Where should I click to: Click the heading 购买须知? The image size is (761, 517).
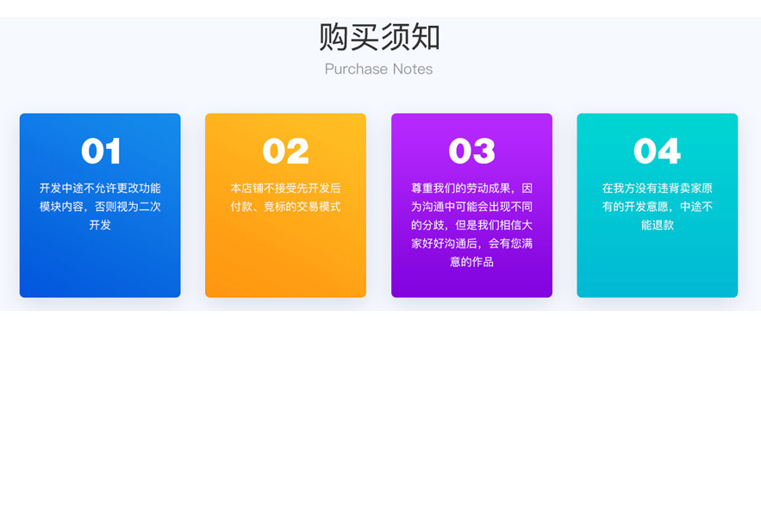tap(379, 37)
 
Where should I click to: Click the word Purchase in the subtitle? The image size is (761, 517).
tap(356, 69)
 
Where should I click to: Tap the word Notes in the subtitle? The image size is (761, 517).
tap(413, 69)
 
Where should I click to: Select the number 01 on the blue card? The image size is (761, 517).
tap(101, 151)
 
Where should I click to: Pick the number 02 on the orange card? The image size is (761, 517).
tap(285, 151)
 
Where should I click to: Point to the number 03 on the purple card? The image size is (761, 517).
tap(471, 151)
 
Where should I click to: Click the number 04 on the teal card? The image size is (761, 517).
tap(657, 151)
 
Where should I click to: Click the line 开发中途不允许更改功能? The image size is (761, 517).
tap(100, 188)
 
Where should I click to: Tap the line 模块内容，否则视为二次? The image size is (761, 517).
tap(100, 206)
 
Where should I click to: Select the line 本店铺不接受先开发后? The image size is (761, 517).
tap(285, 188)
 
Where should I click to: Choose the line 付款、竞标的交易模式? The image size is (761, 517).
tap(285, 206)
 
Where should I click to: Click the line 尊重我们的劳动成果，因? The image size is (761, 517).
tap(471, 188)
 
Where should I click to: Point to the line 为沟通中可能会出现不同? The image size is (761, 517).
tap(471, 206)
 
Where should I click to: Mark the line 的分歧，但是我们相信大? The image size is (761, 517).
tap(471, 225)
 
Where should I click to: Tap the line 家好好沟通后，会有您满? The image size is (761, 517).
tap(471, 243)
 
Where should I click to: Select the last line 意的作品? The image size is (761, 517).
tap(471, 262)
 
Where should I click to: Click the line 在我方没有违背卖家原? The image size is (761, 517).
tap(657, 188)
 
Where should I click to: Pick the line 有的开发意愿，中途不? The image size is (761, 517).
tap(657, 206)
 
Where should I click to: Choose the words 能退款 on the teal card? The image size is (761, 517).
tap(657, 225)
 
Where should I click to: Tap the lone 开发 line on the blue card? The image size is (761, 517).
tap(100, 225)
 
